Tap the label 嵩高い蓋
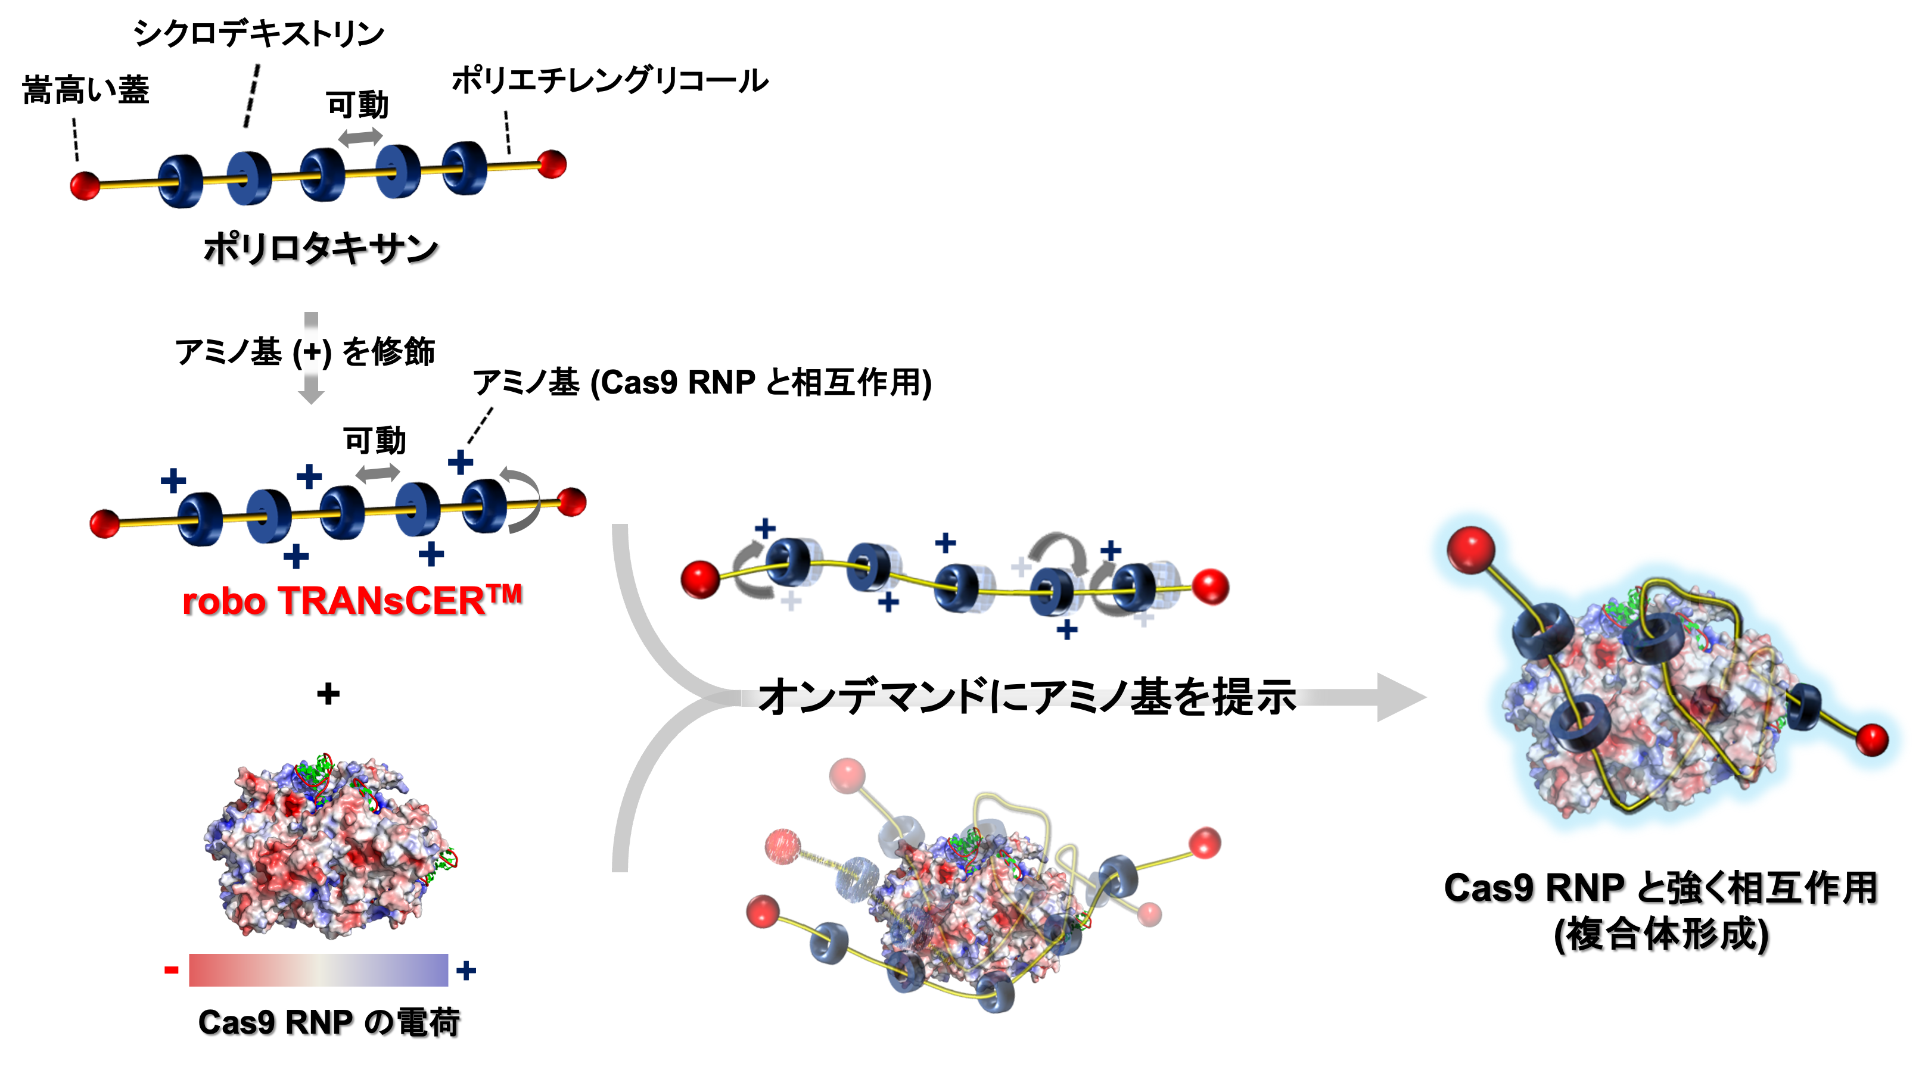(86, 91)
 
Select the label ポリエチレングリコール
(609, 80)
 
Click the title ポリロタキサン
(321, 248)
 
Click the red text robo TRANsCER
(351, 601)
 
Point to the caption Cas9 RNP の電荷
(328, 1022)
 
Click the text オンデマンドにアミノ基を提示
(1026, 697)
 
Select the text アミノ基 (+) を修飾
(304, 351)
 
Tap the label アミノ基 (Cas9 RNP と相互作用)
(702, 382)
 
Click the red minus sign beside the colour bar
(171, 970)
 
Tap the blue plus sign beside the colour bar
(466, 970)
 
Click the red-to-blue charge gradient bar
(319, 970)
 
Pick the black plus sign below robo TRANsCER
(328, 694)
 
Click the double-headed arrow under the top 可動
(360, 137)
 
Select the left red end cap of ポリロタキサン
(85, 185)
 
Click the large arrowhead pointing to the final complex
(1399, 697)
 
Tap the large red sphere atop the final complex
(1470, 550)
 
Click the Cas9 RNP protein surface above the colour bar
(328, 850)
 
